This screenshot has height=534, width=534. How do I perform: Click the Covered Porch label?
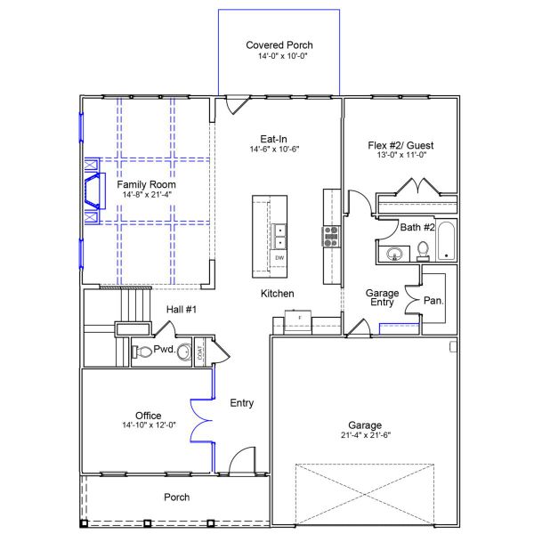point(279,44)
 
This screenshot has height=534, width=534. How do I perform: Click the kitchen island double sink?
point(279,236)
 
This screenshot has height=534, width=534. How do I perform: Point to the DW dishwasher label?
point(279,258)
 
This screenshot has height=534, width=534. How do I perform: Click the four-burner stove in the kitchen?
point(330,236)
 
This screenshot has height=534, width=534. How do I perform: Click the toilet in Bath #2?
point(423,249)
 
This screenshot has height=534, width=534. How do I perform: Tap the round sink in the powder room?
point(182,352)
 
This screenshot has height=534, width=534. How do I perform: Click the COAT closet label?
point(200,352)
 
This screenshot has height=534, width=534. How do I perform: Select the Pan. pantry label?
point(433,301)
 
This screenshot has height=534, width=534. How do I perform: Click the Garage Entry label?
point(383,299)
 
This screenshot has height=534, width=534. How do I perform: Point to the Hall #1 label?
point(181,309)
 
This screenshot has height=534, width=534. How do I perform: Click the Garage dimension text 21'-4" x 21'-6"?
point(366,435)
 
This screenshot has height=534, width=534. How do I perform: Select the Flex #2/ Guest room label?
point(400,145)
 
